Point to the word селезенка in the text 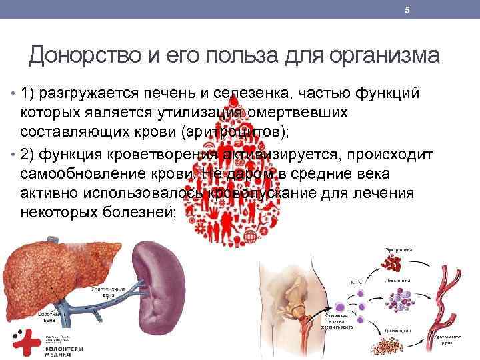pyautogui.click(x=265, y=92)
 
